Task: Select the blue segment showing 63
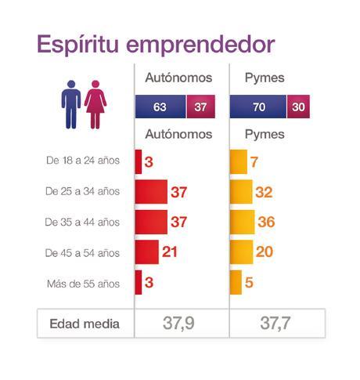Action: coord(160,107)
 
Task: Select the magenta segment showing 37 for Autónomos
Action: coord(200,107)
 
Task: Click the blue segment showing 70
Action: coord(258,107)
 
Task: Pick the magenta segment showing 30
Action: coord(298,107)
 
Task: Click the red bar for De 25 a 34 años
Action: coord(151,192)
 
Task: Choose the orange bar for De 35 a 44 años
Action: coord(242,222)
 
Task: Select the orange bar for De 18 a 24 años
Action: coord(233,161)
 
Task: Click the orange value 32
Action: coord(265,192)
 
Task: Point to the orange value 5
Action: coord(249,283)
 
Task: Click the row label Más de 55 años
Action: coord(82,284)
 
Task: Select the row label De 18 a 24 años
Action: coord(83,161)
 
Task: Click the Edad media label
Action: coord(84,324)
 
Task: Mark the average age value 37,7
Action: coord(277,324)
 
